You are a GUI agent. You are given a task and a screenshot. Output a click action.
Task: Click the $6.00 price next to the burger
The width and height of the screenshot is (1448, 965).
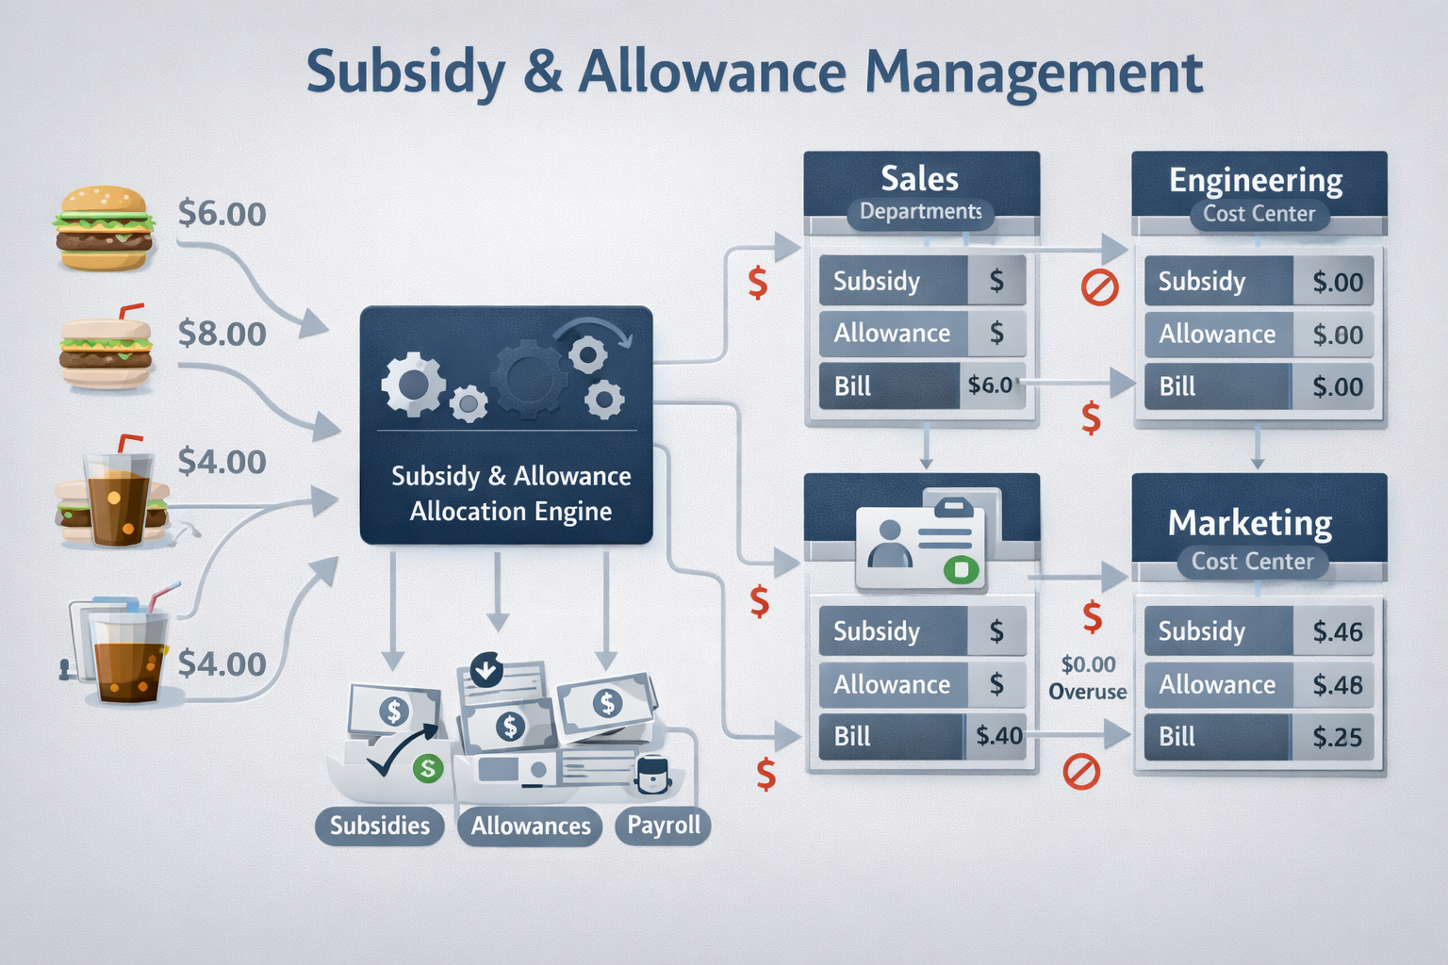click(x=222, y=214)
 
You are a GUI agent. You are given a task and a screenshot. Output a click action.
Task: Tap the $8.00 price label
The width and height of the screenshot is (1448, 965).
click(x=222, y=334)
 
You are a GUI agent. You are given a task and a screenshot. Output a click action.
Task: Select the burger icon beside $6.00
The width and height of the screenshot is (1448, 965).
click(x=104, y=228)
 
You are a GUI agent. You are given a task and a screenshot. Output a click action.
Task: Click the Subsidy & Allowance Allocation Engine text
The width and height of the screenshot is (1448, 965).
click(x=511, y=493)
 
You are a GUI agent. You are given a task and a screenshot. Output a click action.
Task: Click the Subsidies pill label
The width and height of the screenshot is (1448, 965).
click(x=380, y=826)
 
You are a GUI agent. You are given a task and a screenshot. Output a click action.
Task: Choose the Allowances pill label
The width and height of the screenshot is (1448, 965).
click(x=531, y=826)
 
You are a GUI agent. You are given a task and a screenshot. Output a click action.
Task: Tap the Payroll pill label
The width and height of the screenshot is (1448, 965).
click(x=664, y=826)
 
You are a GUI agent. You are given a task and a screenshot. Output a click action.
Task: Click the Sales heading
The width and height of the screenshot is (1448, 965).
click(x=919, y=178)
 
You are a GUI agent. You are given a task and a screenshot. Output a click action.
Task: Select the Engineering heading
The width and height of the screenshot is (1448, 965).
click(x=1256, y=179)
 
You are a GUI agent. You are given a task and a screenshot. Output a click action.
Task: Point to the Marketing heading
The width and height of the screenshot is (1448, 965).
click(x=1250, y=522)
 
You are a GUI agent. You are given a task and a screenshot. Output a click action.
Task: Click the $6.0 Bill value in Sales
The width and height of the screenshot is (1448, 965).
click(x=990, y=384)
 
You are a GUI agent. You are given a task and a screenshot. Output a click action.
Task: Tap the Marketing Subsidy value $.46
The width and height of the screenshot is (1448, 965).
click(x=1338, y=631)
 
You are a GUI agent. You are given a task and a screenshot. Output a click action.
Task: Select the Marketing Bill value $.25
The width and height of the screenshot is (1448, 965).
click(x=1338, y=737)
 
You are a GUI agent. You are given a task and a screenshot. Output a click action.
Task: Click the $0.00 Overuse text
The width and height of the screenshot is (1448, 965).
click(x=1088, y=678)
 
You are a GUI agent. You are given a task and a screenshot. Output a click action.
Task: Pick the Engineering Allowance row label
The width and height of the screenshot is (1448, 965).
click(x=1217, y=334)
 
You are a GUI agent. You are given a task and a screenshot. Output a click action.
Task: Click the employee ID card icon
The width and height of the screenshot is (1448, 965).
click(x=920, y=545)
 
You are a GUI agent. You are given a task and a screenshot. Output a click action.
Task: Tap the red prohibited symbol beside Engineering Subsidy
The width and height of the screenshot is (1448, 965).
click(x=1099, y=286)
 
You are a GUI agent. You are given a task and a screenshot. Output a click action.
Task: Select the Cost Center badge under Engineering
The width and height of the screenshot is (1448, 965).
click(x=1259, y=214)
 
